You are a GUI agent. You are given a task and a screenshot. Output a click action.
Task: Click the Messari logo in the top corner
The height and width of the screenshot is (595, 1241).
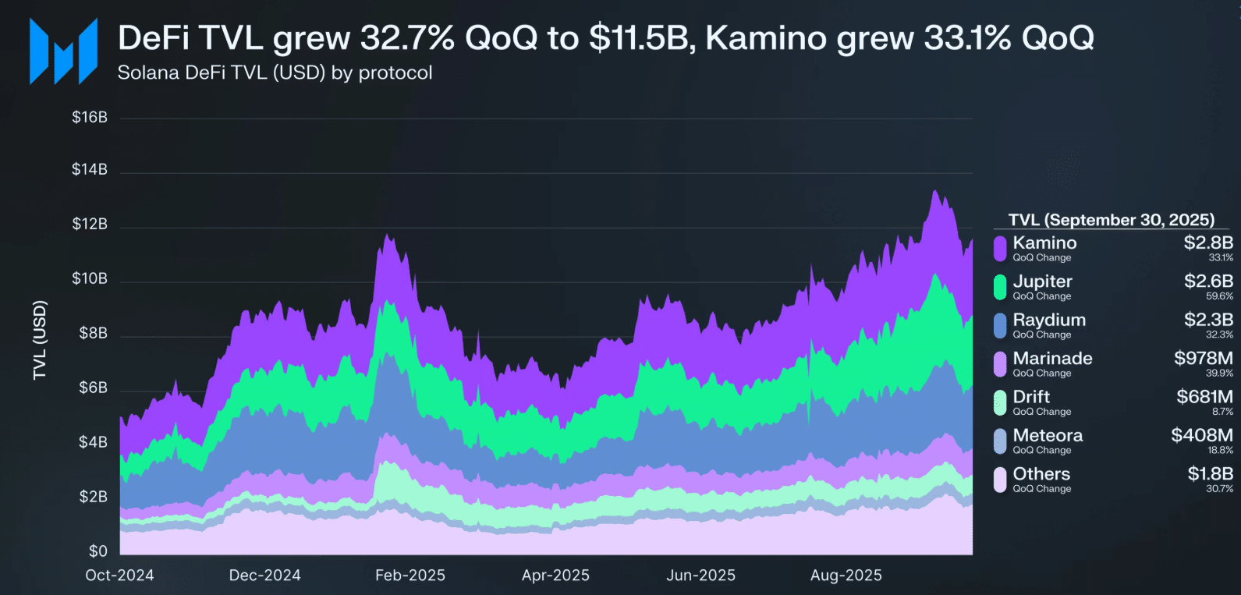[x=63, y=51]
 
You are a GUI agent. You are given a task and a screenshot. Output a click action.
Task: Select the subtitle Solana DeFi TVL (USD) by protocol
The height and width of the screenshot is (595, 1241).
[x=275, y=73]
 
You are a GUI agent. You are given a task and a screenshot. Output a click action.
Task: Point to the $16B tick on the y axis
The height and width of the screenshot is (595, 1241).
[x=90, y=117]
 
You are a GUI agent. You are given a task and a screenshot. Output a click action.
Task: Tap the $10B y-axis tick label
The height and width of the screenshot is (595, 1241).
[x=90, y=278]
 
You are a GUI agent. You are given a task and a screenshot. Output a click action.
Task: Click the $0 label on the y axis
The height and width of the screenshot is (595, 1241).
[x=98, y=551]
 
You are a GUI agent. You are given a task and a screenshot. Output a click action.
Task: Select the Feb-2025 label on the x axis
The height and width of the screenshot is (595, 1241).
[x=410, y=576]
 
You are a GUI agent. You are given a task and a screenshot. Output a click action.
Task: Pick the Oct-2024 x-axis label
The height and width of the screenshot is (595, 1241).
[x=119, y=576]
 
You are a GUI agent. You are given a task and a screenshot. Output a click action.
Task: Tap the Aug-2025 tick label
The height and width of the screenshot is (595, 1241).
[x=846, y=576]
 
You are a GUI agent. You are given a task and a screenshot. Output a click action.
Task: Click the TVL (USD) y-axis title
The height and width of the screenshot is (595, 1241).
[x=40, y=340]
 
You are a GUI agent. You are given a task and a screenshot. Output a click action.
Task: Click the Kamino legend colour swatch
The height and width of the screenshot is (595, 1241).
[x=1000, y=249]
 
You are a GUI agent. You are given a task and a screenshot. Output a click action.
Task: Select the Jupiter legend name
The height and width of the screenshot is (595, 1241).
[x=1042, y=282]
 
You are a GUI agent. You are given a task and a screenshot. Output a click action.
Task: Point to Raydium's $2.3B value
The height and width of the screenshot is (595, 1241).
[x=1208, y=320]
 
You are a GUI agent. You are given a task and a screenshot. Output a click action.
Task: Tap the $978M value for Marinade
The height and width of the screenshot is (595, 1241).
[x=1204, y=358]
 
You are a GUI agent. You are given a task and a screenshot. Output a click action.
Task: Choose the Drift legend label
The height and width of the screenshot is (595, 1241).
[x=1030, y=397]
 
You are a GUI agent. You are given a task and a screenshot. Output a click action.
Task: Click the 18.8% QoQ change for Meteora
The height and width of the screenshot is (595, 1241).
[x=1220, y=451]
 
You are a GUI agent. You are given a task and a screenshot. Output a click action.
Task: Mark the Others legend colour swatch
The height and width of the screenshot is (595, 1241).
[x=1000, y=480]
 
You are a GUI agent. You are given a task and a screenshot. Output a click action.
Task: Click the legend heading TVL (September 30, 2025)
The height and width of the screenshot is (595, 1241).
[x=1111, y=220]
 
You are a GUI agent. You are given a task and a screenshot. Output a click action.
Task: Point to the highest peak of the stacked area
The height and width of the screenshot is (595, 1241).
[x=933, y=191]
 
